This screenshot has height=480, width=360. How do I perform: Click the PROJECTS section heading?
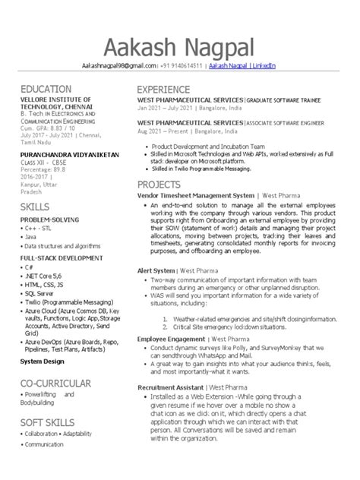click(x=159, y=185)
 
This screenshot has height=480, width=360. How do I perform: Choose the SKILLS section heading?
click(x=35, y=206)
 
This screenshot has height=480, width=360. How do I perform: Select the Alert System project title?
click(x=155, y=270)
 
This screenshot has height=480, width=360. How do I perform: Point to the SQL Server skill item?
click(x=44, y=292)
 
